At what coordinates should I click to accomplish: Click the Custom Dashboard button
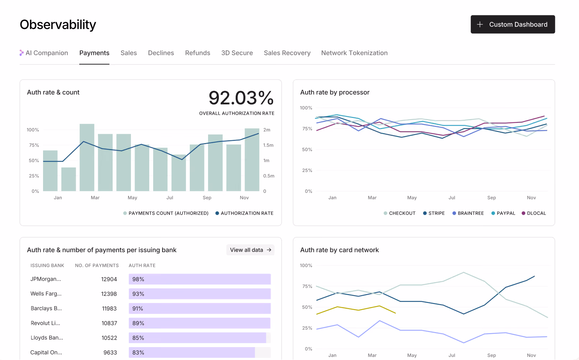[x=513, y=24]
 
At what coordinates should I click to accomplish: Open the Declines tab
[x=161, y=53]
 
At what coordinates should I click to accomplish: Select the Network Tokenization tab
[x=354, y=53]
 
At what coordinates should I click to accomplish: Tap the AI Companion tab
[x=44, y=53]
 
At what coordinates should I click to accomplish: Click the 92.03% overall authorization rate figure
[x=241, y=98]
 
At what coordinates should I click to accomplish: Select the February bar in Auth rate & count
[x=69, y=179]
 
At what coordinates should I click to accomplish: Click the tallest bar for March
[x=87, y=157]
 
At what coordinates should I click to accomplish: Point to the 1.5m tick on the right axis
[x=268, y=145]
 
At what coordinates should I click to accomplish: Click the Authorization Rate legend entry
[x=244, y=213]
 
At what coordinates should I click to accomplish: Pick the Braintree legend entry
[x=468, y=213]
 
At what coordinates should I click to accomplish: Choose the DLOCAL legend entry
[x=534, y=213]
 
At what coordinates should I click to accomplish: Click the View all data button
[x=250, y=250]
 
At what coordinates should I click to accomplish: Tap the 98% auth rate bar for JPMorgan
[x=199, y=279]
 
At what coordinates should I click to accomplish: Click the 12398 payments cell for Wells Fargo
[x=109, y=294]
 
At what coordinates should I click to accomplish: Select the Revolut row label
[x=45, y=323]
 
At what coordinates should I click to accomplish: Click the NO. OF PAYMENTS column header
[x=96, y=265]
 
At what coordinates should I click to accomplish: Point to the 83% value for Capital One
[x=138, y=352]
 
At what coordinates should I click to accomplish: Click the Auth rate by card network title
[x=339, y=250]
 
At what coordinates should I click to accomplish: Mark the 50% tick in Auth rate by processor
[x=307, y=150]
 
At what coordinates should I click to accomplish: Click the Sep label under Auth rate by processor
[x=491, y=198]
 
